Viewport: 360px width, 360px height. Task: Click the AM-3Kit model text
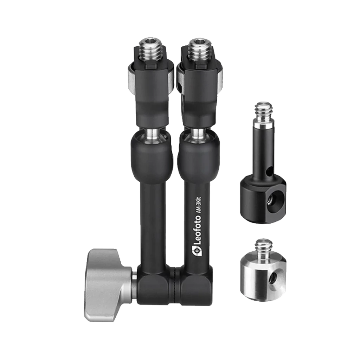pos(199,205)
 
